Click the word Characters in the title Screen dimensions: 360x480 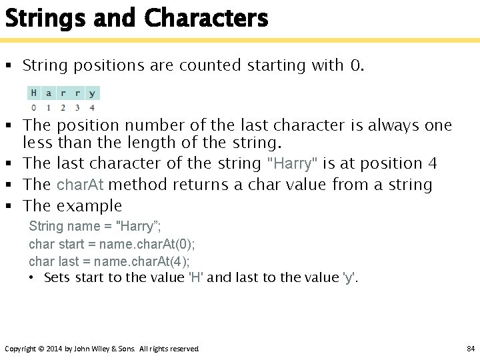(206, 18)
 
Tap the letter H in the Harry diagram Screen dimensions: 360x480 (33, 93)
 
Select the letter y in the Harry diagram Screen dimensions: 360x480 (91, 93)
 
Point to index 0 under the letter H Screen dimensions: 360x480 (33, 107)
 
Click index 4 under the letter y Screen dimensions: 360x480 (91, 107)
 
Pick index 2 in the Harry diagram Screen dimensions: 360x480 (63, 107)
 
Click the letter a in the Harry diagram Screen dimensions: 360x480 (48, 93)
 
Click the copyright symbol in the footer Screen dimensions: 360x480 (41, 349)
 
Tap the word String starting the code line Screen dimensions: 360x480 (47, 227)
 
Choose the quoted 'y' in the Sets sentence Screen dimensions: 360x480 (349, 277)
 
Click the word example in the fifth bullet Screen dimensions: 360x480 (89, 206)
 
